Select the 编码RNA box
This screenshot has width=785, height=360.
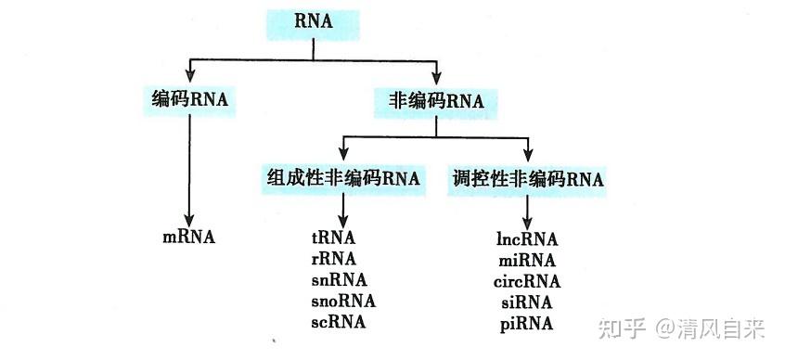189,99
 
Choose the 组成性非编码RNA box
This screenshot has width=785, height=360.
343,178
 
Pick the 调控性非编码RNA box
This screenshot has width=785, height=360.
526,178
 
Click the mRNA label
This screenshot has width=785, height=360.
188,237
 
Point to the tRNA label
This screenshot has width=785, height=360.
334,237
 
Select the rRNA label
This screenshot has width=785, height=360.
334,258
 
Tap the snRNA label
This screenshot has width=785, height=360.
340,279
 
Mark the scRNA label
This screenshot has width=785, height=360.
339,322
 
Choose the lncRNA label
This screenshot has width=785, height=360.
526,238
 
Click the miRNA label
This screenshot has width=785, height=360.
526,259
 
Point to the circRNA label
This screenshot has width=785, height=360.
527,280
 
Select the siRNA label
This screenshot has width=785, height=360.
525,302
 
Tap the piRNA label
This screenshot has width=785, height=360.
525,323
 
